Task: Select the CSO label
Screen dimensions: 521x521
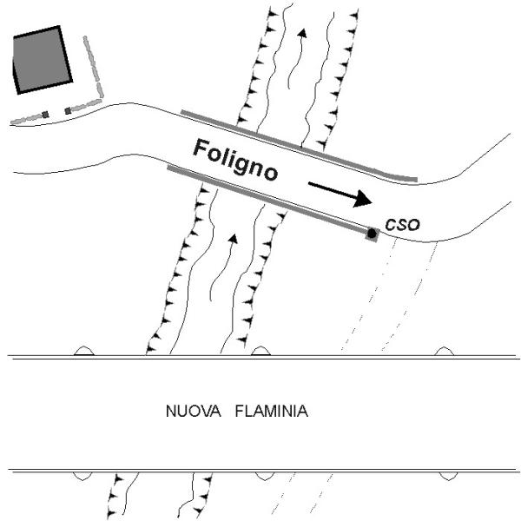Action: pos(402,225)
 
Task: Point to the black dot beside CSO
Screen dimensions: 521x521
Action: pos(372,233)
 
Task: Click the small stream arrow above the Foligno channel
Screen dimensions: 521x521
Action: pos(303,34)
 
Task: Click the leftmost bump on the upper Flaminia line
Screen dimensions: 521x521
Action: pos(84,351)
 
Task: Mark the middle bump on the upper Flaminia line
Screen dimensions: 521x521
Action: pos(260,351)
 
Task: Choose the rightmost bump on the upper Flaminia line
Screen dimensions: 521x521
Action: pos(444,351)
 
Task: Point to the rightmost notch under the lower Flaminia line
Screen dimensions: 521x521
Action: pos(446,476)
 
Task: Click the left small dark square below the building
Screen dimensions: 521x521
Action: pos(45,115)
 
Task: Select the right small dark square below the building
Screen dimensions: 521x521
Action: pos(68,111)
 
